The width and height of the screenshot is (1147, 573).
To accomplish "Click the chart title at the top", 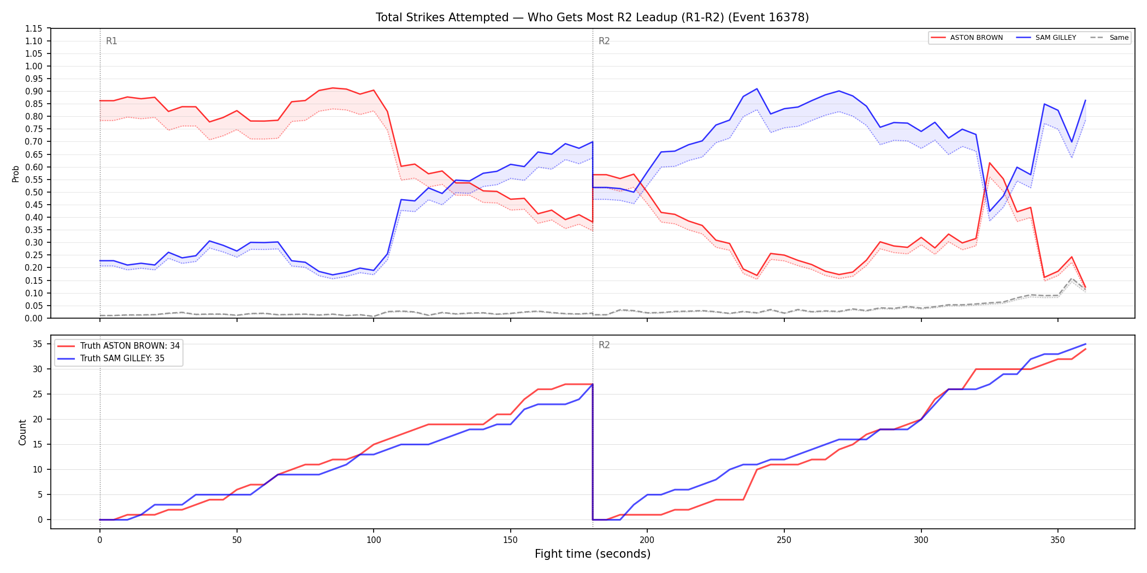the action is point(592,17).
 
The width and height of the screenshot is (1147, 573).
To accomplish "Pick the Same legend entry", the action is point(1109,38).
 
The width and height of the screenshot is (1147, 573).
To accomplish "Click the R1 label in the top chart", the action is point(111,41).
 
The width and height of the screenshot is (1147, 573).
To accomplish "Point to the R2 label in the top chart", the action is point(604,41).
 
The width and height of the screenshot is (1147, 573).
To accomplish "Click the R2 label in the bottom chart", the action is point(604,345).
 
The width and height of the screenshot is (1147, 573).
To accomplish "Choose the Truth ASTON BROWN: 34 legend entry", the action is point(119,346).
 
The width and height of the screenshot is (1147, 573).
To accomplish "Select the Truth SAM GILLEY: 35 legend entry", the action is point(111,359).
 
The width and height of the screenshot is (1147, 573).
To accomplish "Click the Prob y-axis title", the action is point(16,174).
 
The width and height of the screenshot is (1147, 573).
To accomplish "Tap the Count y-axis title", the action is point(22,432).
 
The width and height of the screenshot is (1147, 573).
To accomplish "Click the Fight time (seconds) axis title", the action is point(593,554).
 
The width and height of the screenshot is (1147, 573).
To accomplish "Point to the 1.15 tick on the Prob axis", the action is point(34,28).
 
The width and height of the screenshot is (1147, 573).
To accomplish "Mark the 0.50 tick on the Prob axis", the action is point(34,192).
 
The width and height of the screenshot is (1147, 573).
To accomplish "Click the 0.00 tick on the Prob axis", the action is point(34,318).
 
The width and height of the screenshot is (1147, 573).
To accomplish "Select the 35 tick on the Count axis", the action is point(38,344).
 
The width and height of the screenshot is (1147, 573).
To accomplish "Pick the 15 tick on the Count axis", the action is point(38,444).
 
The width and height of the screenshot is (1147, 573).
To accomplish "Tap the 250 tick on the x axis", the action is point(784,540).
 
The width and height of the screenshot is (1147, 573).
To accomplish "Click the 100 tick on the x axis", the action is point(373,540).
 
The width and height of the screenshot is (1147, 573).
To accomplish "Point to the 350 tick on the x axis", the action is point(1057,540).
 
